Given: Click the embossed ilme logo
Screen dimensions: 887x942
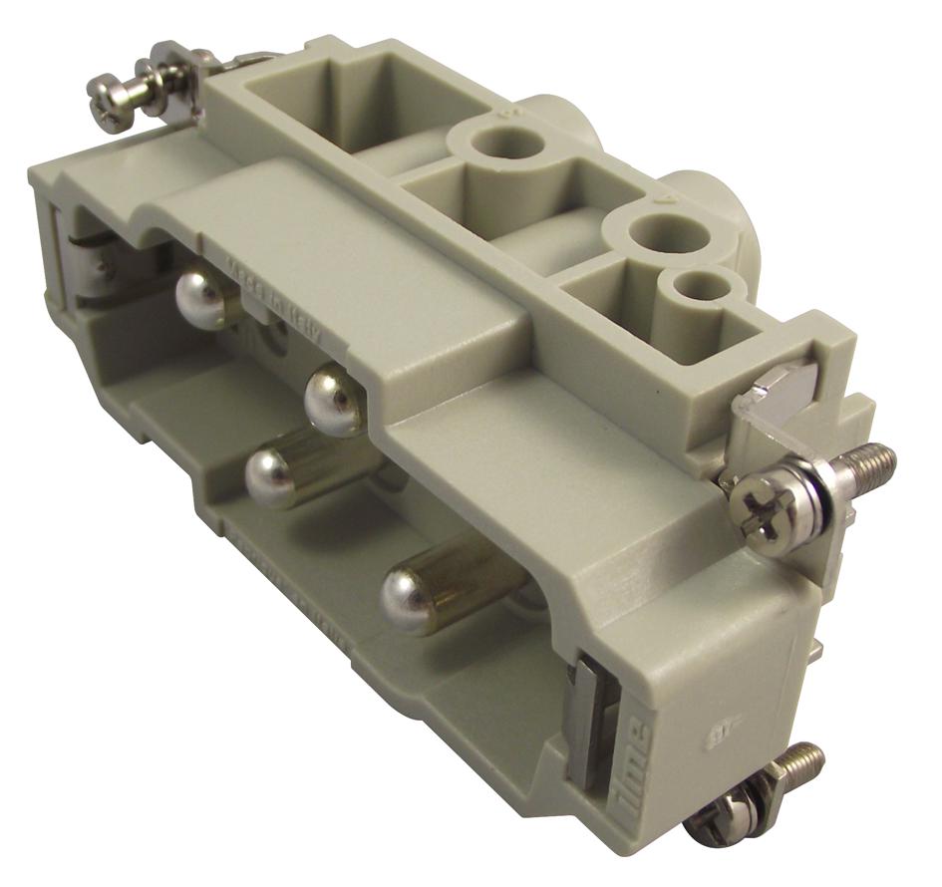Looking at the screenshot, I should (x=635, y=762).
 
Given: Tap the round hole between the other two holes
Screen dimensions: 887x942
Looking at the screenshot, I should (x=669, y=235).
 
